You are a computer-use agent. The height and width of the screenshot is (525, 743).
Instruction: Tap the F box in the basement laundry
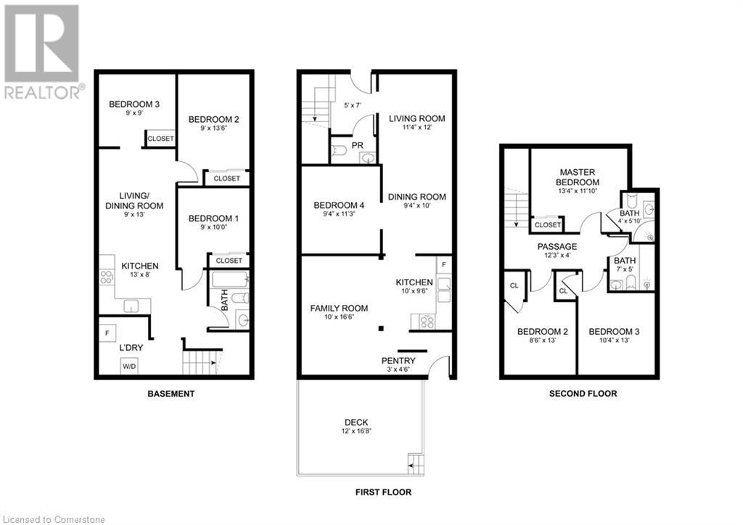pyautogui.click(x=107, y=334)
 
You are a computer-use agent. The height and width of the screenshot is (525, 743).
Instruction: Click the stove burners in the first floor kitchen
pyautogui.click(x=422, y=320)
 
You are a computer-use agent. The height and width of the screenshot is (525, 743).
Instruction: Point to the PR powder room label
pyautogui.click(x=357, y=146)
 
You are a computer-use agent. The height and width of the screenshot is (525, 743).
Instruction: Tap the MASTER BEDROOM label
pyautogui.click(x=578, y=176)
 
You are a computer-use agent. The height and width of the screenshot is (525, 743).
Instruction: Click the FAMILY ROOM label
pyautogui.click(x=339, y=309)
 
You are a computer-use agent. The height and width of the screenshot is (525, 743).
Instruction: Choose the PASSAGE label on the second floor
pyautogui.click(x=557, y=247)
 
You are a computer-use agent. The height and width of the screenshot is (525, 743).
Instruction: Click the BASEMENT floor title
pyautogui.click(x=171, y=394)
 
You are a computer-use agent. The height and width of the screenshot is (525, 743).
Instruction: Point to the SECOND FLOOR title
pyautogui.click(x=583, y=394)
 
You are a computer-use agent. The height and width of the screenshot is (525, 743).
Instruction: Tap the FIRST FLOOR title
pyautogui.click(x=383, y=492)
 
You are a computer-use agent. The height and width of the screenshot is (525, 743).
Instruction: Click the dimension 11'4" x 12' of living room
pyautogui.click(x=416, y=128)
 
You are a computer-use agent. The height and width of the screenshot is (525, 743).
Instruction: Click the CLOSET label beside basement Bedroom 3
pyautogui.click(x=160, y=139)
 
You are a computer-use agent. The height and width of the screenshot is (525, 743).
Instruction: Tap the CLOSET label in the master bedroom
pyautogui.click(x=548, y=225)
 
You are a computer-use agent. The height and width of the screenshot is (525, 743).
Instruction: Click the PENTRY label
pyautogui.click(x=398, y=361)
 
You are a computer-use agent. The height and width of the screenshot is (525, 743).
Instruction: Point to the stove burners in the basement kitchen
pyautogui.click(x=105, y=277)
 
